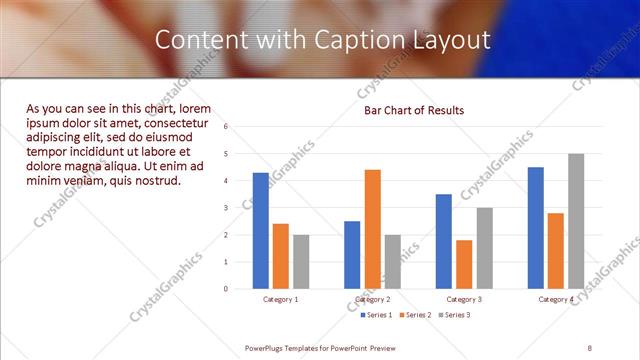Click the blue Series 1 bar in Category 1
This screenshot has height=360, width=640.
(x=260, y=230)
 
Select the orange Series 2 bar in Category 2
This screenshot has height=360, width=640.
(x=372, y=229)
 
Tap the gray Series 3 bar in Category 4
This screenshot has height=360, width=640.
(x=576, y=221)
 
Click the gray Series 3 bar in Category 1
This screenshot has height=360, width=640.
(x=301, y=261)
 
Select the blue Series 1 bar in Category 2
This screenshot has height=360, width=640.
(x=352, y=255)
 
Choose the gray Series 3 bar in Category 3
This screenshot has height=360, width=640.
(x=484, y=248)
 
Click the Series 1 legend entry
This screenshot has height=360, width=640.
(x=377, y=315)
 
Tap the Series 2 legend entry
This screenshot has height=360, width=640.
(x=416, y=315)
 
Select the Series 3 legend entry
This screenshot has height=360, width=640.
(x=454, y=315)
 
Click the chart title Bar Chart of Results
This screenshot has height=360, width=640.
(x=413, y=110)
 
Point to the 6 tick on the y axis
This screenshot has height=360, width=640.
(x=227, y=127)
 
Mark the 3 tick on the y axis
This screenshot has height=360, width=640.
(x=227, y=208)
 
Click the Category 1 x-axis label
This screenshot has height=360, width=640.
(x=280, y=299)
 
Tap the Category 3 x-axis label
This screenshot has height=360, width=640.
(x=464, y=299)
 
